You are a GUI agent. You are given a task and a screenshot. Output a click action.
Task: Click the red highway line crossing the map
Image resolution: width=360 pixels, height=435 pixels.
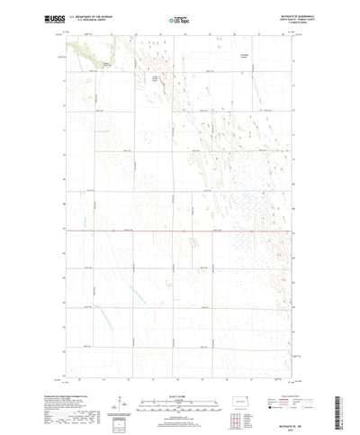[x=180, y=231]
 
